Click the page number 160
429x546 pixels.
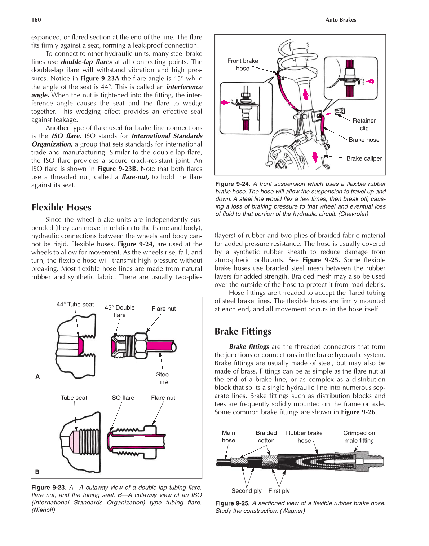click(x=36, y=20)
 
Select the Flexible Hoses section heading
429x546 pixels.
click(x=61, y=207)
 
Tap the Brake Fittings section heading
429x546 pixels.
click(x=243, y=331)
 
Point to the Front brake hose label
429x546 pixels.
click(x=243, y=65)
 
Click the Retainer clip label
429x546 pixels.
click(x=364, y=125)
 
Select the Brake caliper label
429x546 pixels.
click(x=364, y=158)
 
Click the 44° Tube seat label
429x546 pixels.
click(x=75, y=305)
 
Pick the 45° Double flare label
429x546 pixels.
click(x=120, y=311)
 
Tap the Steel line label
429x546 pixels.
click(x=163, y=378)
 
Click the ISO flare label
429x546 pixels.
click(x=122, y=398)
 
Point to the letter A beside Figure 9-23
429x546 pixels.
click(x=37, y=376)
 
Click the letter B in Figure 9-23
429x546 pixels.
click(x=37, y=472)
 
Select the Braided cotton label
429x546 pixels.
click(x=266, y=437)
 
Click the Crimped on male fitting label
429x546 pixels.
click(x=359, y=437)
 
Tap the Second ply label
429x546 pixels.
click(x=246, y=491)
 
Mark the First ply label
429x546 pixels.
click(x=279, y=491)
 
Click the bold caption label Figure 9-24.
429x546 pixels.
click(x=233, y=184)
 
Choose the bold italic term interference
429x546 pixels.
click(x=184, y=87)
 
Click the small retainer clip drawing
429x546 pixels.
click(x=340, y=112)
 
